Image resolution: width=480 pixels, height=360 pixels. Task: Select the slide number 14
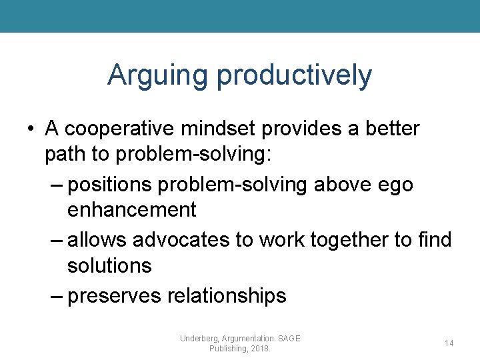coord(449,343)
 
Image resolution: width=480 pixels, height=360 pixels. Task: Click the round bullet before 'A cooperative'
coord(31,129)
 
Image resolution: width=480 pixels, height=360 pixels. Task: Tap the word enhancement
coord(131,210)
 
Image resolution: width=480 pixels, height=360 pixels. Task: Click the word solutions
coord(109,265)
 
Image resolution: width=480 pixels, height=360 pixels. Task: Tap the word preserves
coord(115,295)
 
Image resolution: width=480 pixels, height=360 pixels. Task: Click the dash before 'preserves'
coord(57,295)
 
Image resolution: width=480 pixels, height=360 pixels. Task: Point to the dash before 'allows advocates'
coord(57,239)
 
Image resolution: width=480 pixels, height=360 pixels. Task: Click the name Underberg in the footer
coord(199,339)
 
